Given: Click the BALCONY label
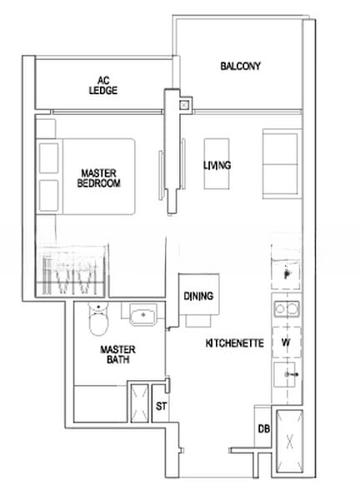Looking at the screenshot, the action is pyautogui.click(x=241, y=66).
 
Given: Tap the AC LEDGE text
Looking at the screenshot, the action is pyautogui.click(x=103, y=86).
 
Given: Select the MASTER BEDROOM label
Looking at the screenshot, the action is pyautogui.click(x=99, y=178).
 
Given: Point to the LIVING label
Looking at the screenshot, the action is pyautogui.click(x=217, y=165).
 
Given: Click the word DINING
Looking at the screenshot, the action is pyautogui.click(x=198, y=296).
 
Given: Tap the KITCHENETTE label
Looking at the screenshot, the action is pyautogui.click(x=235, y=343).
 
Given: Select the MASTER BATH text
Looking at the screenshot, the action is pyautogui.click(x=117, y=355).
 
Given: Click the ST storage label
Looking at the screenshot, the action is pyautogui.click(x=161, y=407).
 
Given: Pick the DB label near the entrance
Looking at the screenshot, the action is pyautogui.click(x=263, y=429).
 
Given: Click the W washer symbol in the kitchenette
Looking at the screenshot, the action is pyautogui.click(x=286, y=342).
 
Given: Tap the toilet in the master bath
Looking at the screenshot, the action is pyautogui.click(x=98, y=318).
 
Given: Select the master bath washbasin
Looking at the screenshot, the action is pyautogui.click(x=143, y=314).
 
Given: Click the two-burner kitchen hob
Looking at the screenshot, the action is pyautogui.click(x=287, y=309).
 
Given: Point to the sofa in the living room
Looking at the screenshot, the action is pyautogui.click(x=282, y=163).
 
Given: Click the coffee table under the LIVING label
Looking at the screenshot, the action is pyautogui.click(x=217, y=164).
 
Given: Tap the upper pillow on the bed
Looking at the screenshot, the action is pyautogui.click(x=49, y=158).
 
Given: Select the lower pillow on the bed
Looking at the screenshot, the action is pyautogui.click(x=49, y=196).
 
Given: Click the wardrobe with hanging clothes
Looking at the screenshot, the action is pyautogui.click(x=71, y=271).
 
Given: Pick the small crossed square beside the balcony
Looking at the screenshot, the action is pyautogui.click(x=185, y=105).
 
